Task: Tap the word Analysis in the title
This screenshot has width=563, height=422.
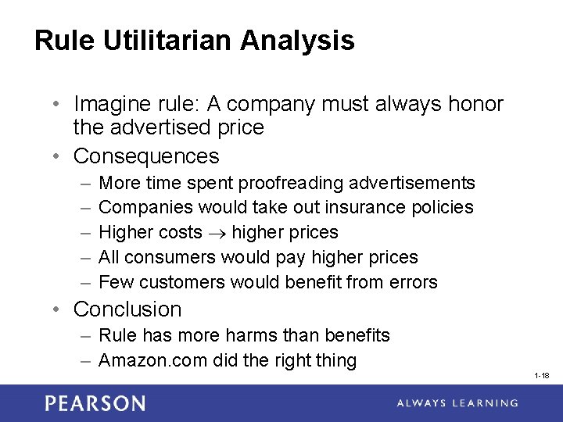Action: click(299, 41)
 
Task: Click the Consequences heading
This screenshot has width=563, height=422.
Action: click(146, 156)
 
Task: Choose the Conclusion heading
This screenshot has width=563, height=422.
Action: click(127, 309)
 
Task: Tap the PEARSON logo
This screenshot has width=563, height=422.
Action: click(95, 403)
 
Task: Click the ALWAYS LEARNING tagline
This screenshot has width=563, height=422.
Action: click(457, 403)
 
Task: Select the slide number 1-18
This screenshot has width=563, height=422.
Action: click(541, 376)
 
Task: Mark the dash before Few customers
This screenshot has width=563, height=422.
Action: click(84, 282)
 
